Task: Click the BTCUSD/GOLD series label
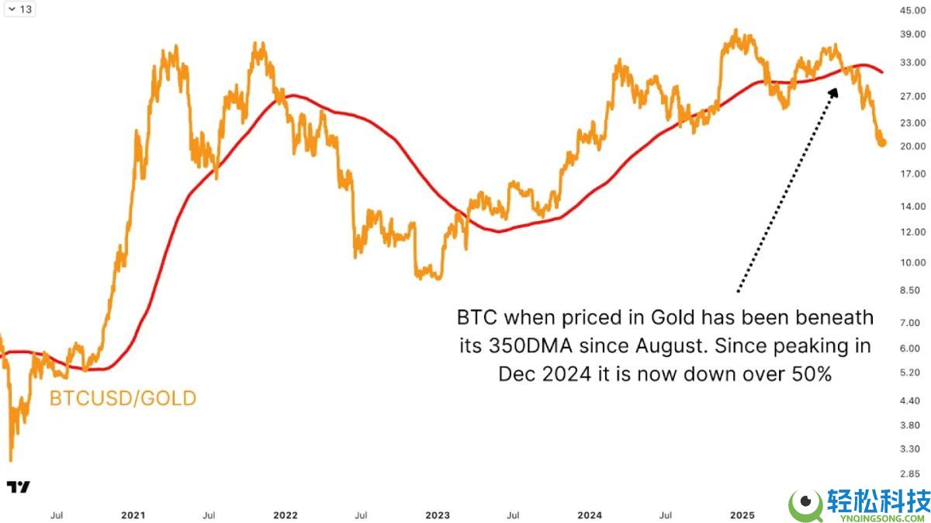123,399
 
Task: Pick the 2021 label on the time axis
133,514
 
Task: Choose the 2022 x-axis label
286,514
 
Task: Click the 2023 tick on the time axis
438,514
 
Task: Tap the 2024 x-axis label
590,514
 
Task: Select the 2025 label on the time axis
742,514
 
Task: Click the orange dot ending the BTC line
882,142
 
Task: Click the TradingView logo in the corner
19,487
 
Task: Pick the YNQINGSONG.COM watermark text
877,514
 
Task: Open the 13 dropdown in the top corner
19,9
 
